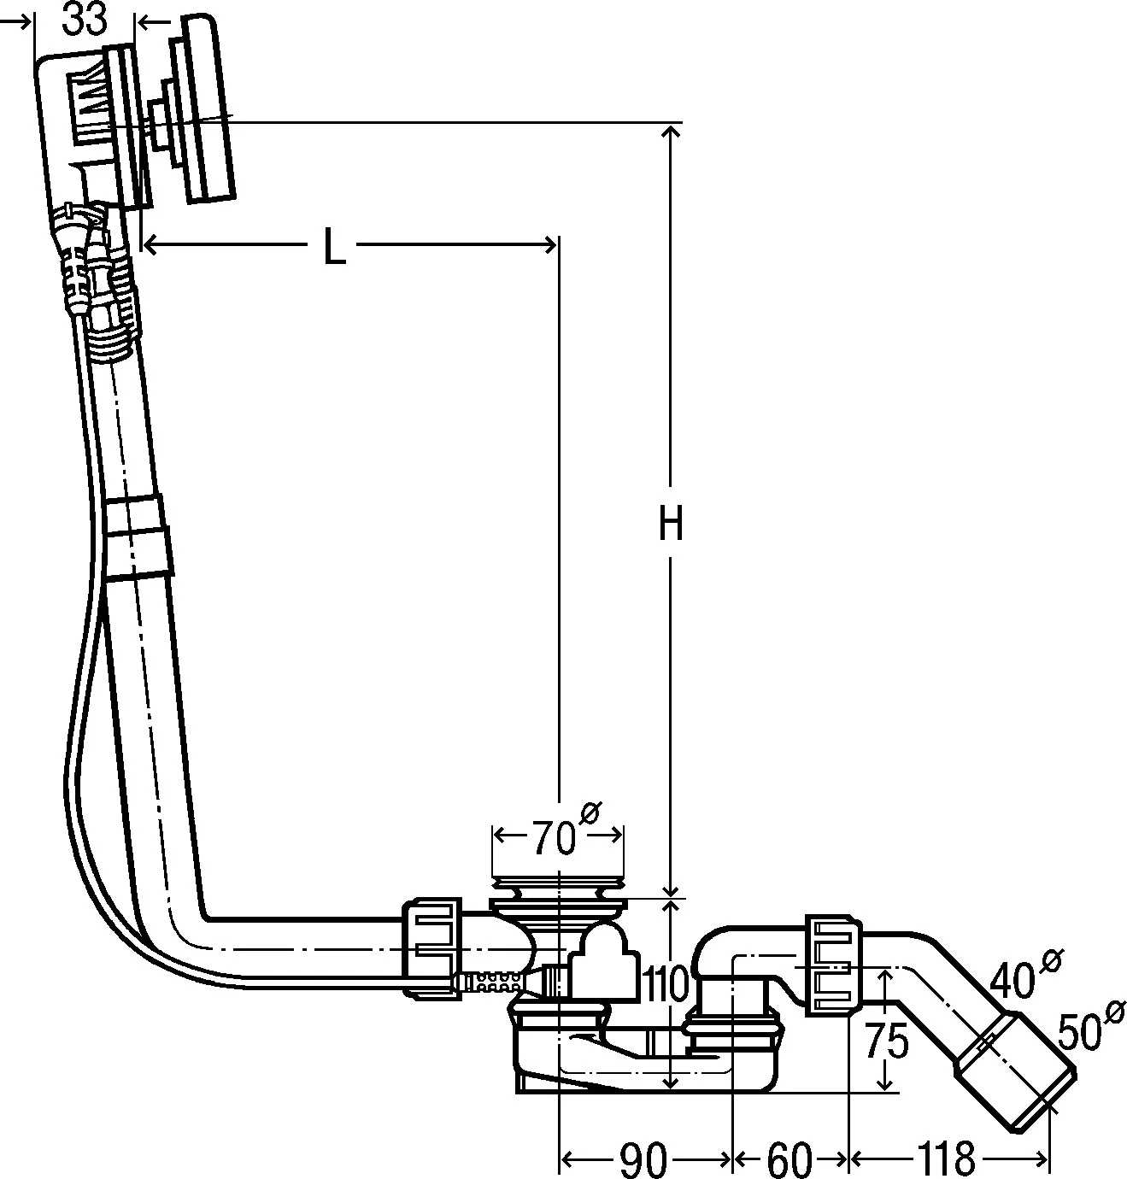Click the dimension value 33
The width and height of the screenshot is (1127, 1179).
coord(85,20)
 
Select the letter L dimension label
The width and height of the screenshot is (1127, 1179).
coord(334,247)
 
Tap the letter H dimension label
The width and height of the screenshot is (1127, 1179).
coord(671,524)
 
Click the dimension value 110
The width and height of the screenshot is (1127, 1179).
coord(667,985)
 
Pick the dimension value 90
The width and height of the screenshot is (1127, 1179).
coord(643,1159)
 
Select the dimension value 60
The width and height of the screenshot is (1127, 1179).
coord(789,1159)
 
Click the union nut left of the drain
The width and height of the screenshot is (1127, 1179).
coord(431,946)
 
